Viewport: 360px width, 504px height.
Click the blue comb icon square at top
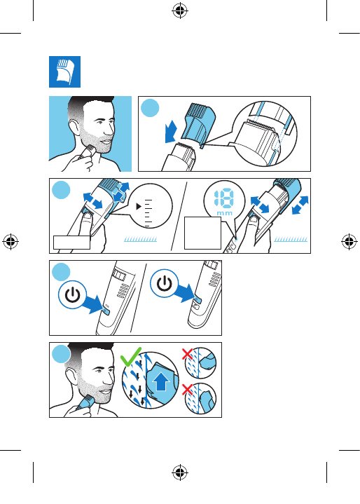pos(64,71)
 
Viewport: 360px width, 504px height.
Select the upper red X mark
pos(187,354)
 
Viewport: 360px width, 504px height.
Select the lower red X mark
pos(187,389)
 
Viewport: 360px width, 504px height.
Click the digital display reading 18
pos(224,198)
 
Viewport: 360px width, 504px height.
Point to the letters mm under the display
pos(225,213)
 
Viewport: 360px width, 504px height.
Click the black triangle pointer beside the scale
pos(139,206)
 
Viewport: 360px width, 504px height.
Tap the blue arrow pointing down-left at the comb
pos(170,132)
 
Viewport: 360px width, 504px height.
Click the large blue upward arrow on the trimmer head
pos(161,381)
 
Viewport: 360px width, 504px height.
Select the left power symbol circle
pos(73,294)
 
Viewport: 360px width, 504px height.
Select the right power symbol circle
pos(165,283)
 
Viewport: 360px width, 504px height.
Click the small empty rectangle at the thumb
pos(71,243)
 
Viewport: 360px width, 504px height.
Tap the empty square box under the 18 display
pos(202,233)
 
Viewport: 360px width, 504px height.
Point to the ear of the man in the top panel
pos(74,128)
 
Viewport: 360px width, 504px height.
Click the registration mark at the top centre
pos(180,11)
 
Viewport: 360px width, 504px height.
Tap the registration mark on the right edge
pos(349,241)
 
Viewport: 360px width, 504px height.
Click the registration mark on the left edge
pos(11,241)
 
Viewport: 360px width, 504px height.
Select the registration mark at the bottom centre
pos(180,472)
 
